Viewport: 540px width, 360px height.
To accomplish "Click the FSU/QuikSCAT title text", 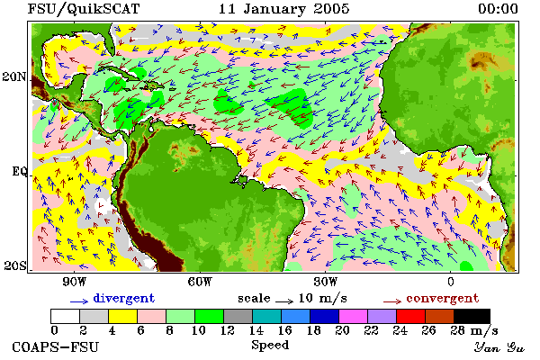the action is (x=84, y=9).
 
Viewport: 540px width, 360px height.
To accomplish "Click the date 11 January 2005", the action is (x=284, y=9).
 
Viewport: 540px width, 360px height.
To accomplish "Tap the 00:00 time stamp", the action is (x=498, y=9).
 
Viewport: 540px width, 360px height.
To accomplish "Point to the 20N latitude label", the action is (x=14, y=76).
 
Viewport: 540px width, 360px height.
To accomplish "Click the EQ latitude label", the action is (x=20, y=171).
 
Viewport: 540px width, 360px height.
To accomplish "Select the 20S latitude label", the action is (x=15, y=265).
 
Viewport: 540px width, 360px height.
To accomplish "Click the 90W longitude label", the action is (x=75, y=282).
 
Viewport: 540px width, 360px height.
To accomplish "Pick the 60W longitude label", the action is (x=200, y=282).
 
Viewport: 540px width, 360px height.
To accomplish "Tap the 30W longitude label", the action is (x=326, y=282).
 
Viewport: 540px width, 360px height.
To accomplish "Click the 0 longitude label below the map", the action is (x=451, y=282).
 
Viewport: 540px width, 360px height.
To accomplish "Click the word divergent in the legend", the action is (x=124, y=298).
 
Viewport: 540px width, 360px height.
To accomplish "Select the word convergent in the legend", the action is (x=443, y=298).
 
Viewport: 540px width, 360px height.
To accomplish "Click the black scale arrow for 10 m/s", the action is (x=284, y=301).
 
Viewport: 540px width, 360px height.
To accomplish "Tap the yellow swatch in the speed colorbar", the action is (x=123, y=316).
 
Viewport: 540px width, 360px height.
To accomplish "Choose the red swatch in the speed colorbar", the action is (x=410, y=316).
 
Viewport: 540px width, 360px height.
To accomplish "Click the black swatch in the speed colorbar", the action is (x=472, y=316).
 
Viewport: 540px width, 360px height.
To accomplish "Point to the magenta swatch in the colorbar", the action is (x=353, y=316).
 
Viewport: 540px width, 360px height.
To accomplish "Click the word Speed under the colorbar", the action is (x=270, y=346).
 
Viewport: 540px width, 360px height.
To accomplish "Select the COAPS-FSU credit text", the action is (x=56, y=346).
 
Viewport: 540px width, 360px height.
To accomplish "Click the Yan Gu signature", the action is (x=499, y=347).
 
